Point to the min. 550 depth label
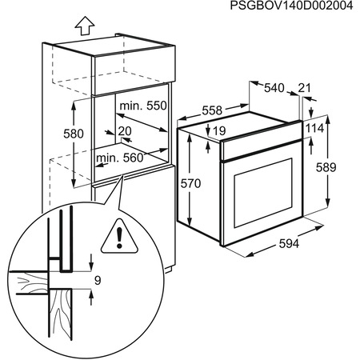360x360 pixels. coord(142,106)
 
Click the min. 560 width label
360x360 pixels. coord(120,158)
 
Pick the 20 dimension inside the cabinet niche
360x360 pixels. coord(124,132)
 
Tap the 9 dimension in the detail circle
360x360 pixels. coord(97,280)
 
